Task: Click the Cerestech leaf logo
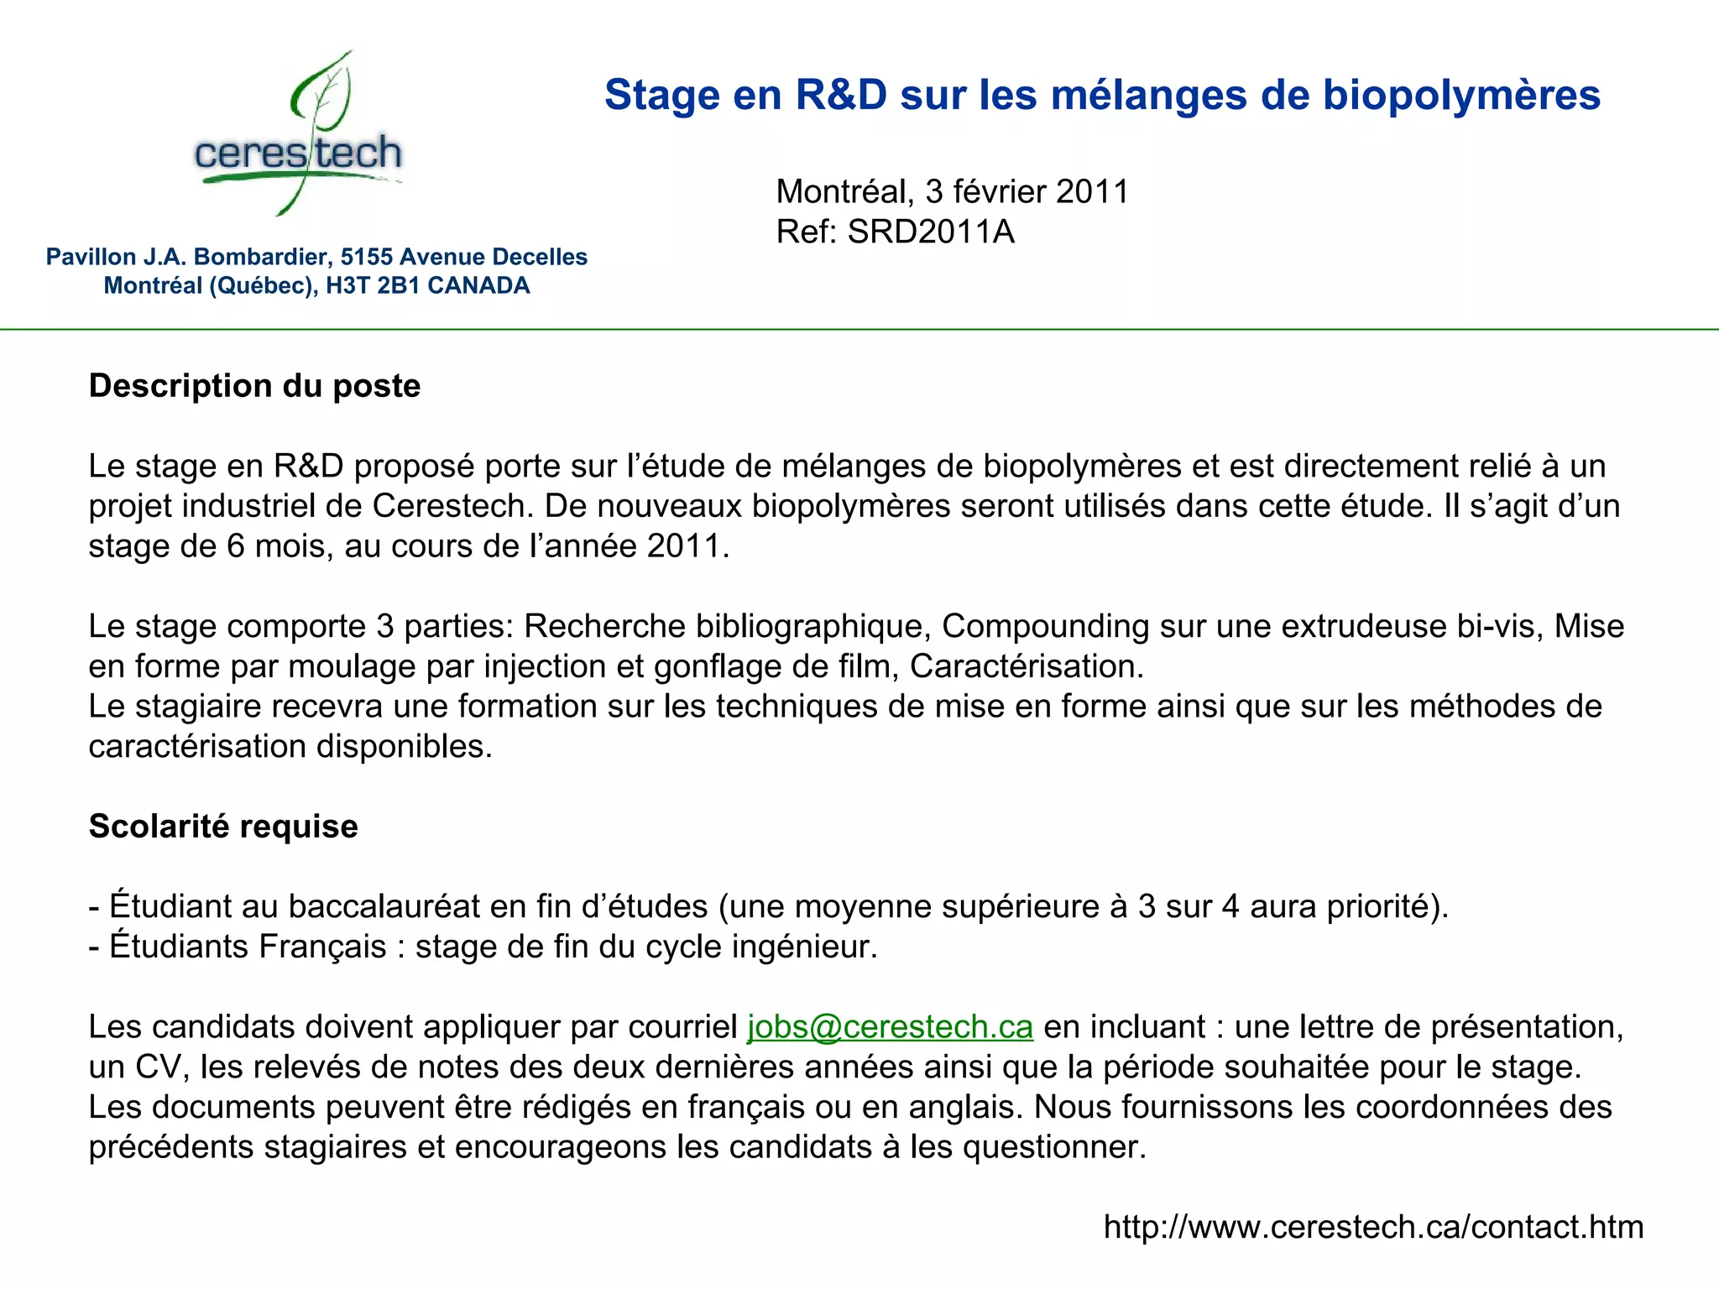[299, 134]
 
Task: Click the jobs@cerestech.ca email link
[890, 1027]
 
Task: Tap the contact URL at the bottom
[1373, 1227]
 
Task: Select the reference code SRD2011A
[931, 232]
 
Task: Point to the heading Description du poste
[254, 386]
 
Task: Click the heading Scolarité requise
[223, 827]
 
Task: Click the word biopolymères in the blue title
[1461, 95]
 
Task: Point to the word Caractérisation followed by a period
[1027, 666]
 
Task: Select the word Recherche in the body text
[604, 626]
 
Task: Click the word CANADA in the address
[478, 285]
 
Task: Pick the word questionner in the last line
[1053, 1147]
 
